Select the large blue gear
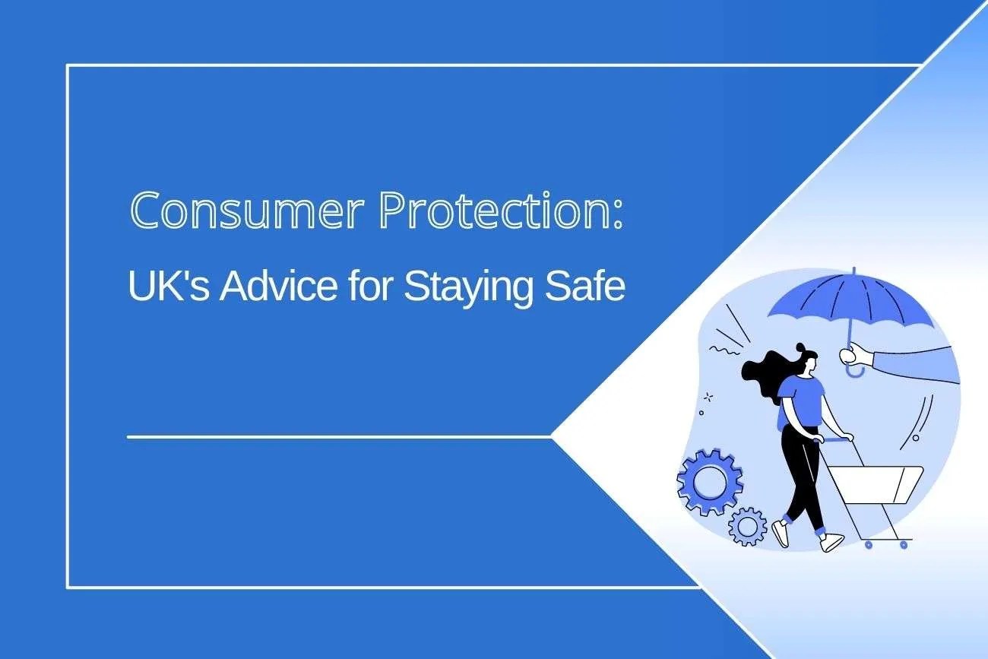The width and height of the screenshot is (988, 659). (x=709, y=482)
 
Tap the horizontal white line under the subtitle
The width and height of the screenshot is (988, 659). (x=338, y=437)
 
